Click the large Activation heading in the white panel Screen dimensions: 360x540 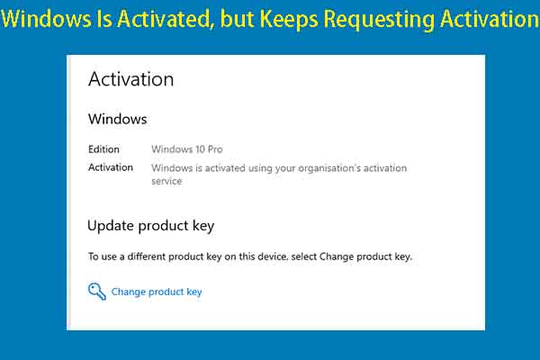point(130,79)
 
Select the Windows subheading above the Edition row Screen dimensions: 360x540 point(117,119)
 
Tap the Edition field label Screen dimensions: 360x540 point(103,149)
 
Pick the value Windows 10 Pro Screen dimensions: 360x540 point(186,149)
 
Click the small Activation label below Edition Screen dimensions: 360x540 point(111,167)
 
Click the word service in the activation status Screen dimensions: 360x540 point(166,181)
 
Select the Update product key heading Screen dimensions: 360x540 point(150,225)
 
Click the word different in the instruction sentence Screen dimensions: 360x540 point(153,256)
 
